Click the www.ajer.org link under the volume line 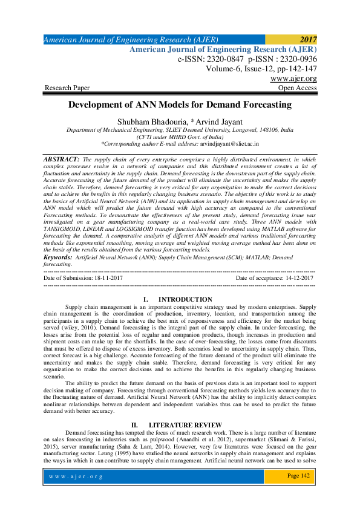tap(293, 79)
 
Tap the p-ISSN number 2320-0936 tap(295, 59)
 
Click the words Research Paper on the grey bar tap(65, 88)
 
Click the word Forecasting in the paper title tap(253, 104)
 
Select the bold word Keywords tap(57, 257)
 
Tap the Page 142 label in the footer tap(298, 476)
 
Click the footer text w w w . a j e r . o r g tap(77, 476)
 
